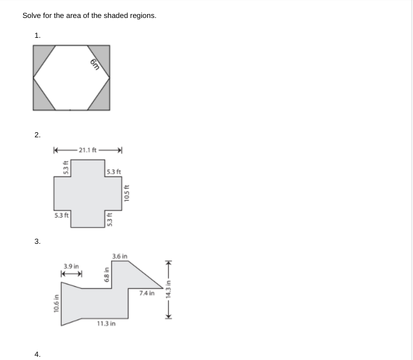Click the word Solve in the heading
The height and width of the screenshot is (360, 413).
32,15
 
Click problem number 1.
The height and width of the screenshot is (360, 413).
37,36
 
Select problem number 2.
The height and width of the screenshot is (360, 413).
37,135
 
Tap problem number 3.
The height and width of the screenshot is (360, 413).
37,241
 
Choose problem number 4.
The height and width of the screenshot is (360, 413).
37,354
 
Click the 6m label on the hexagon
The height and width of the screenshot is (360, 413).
94,63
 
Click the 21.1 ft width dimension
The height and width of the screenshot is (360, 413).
87,150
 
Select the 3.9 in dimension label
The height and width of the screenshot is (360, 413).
71,266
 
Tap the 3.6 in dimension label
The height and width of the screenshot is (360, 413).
119,257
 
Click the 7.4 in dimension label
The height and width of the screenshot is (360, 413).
146,293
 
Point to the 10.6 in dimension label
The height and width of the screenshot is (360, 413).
57,303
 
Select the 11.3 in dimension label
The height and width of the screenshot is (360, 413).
106,324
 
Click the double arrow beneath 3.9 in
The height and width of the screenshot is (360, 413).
71,274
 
